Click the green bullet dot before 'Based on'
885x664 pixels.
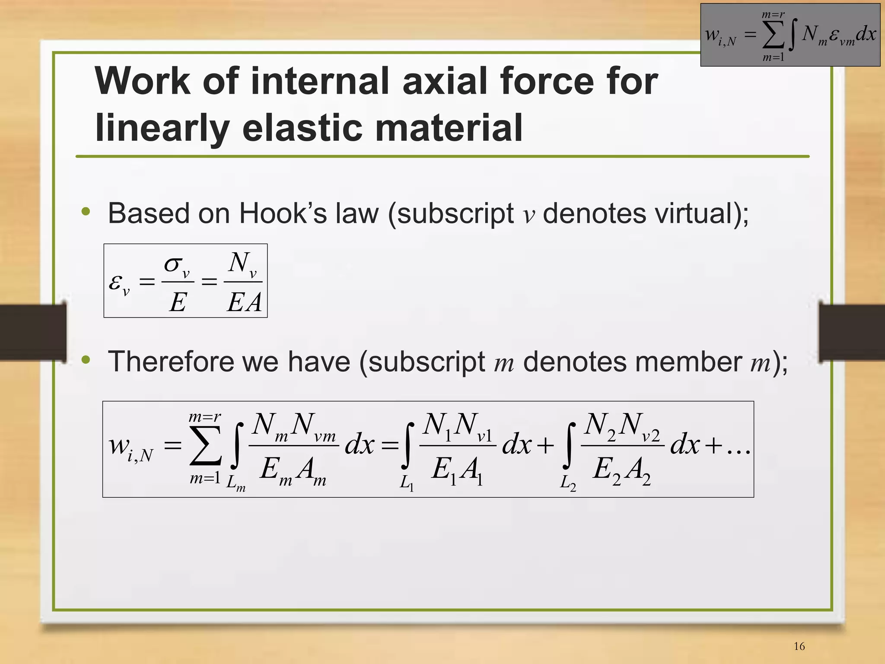click(x=86, y=211)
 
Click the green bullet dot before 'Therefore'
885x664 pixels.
click(x=86, y=359)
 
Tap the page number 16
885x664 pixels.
click(x=799, y=646)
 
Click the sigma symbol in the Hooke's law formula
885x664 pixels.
click(x=173, y=264)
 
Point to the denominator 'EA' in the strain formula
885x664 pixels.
click(x=244, y=302)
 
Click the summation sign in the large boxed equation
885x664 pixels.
click(x=206, y=447)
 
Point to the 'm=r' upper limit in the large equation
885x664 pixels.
click(x=205, y=418)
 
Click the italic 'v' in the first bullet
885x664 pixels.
click(x=528, y=215)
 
